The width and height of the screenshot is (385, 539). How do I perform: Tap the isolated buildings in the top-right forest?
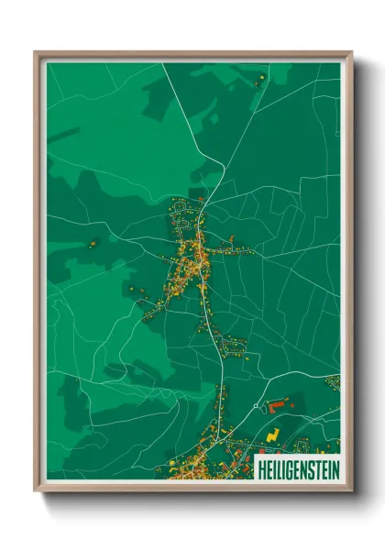pos(262,80)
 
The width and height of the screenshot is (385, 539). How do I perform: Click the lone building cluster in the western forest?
pos(93,244)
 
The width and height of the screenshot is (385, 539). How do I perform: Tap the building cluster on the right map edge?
pos(333,381)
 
